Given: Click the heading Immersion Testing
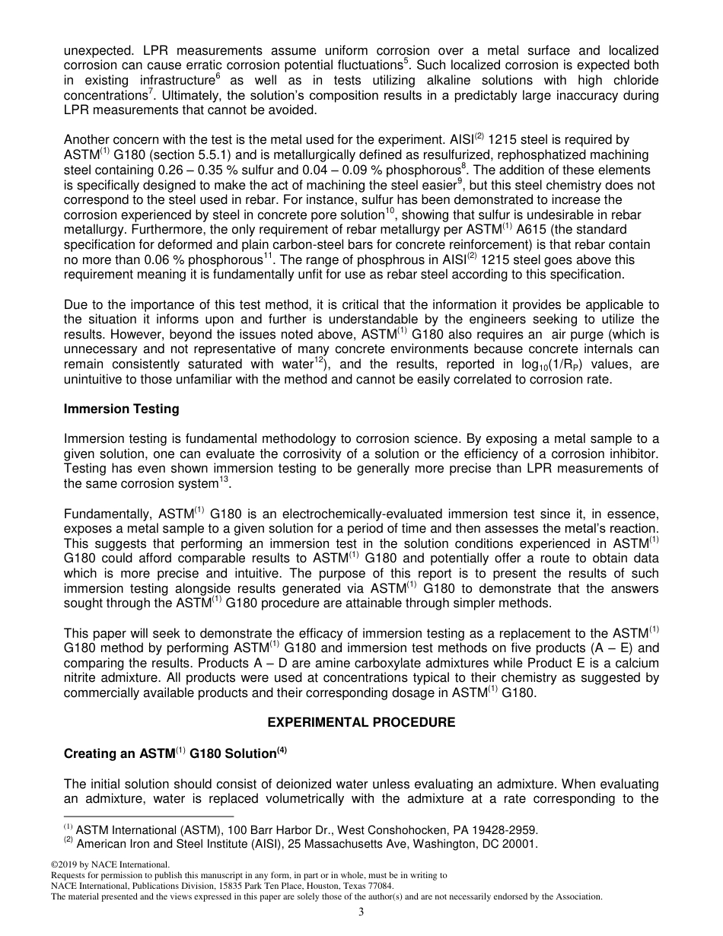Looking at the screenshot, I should [x=122, y=409].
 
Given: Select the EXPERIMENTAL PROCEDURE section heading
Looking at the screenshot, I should [x=361, y=722].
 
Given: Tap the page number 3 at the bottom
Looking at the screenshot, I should [x=361, y=913].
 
